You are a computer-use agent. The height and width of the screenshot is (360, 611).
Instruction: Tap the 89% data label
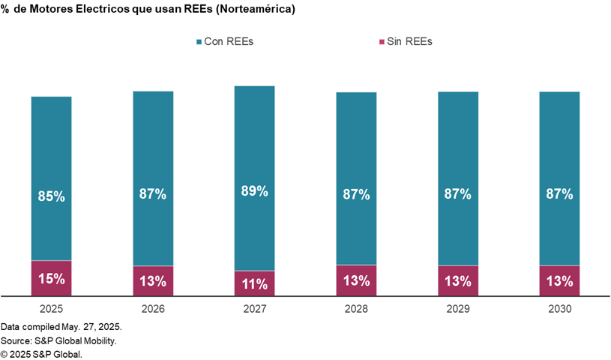pos(255,190)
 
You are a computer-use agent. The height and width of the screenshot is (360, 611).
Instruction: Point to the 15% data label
pos(51,278)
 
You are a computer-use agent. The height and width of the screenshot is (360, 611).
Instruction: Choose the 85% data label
pos(51,196)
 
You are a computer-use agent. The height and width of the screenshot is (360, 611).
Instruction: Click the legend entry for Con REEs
pos(224,41)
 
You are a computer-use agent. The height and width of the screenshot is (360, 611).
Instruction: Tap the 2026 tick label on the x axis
pos(153,308)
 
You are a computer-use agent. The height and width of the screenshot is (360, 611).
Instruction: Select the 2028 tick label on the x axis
pos(356,308)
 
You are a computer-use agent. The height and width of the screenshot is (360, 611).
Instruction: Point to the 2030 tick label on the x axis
pos(560,308)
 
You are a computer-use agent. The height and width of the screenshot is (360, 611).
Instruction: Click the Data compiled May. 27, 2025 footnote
pos(61,328)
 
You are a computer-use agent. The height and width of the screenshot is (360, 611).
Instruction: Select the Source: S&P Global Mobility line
pos(58,340)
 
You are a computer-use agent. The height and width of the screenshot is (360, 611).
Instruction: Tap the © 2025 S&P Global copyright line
pos(41,353)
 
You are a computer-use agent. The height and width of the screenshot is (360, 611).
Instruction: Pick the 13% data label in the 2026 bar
pos(153,281)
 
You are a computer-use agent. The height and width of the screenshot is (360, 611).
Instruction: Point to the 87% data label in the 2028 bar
pos(356,193)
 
